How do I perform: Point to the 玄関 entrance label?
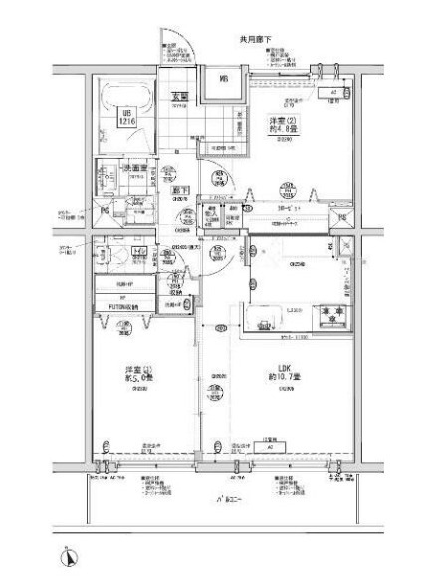point(179,97)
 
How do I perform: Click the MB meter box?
point(224,79)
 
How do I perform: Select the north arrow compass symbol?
point(68,555)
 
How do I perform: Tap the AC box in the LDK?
point(270,447)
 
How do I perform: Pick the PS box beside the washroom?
point(106,210)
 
